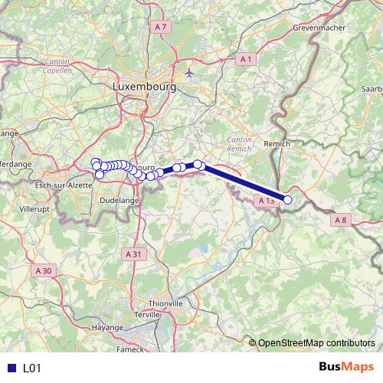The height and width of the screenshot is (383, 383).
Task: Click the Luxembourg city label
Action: pos(144,87)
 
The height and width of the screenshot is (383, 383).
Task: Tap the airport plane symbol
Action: pos(190,72)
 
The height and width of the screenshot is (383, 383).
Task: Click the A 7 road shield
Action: pos(159,27)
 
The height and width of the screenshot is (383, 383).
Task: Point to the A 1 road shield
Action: pos(245,58)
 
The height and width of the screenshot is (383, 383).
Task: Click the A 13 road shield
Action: pos(265,200)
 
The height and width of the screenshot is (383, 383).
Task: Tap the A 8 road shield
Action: pos(340,220)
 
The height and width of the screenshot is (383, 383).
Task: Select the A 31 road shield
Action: pos(133,253)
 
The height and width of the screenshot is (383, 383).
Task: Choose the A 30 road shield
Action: pos(43,270)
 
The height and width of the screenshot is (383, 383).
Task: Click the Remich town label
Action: pos(276,143)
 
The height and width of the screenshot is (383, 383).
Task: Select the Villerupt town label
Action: pos(34,208)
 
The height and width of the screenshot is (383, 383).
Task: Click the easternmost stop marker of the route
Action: pos(288,200)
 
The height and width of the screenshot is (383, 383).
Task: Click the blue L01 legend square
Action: pos(10,368)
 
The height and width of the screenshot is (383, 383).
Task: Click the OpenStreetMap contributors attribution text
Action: pos(316,342)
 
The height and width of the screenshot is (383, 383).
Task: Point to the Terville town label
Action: pos(148,314)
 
